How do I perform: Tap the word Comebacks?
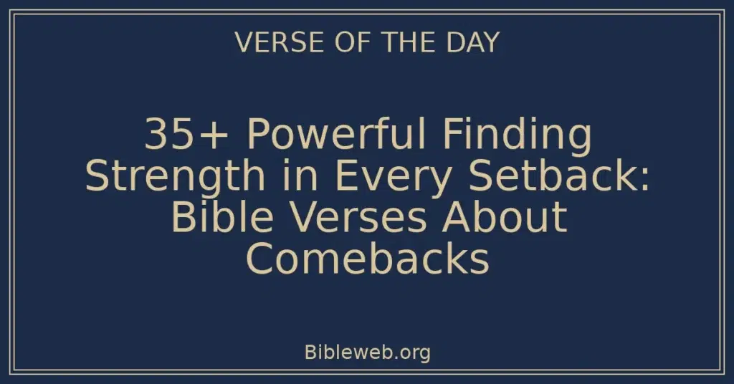pyautogui.click(x=367, y=259)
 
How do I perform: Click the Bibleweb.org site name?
pyautogui.click(x=367, y=352)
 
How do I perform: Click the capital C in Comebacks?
pyautogui.click(x=261, y=259)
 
